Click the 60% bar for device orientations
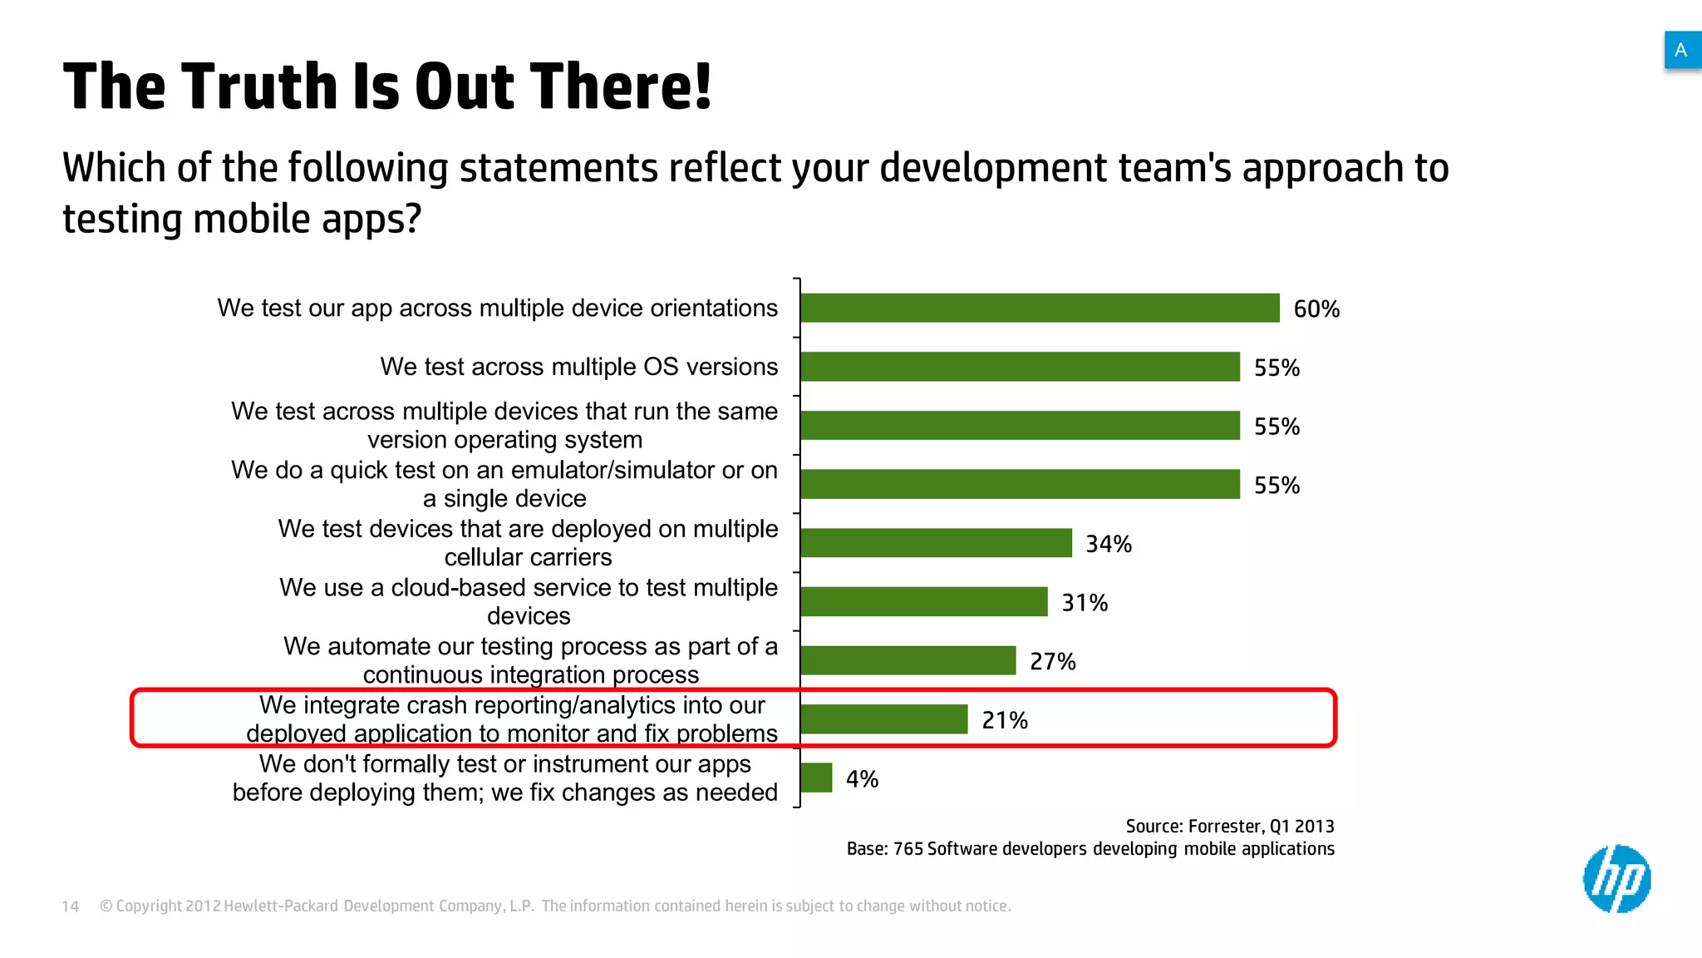tap(1040, 308)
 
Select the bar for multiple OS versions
tap(1020, 367)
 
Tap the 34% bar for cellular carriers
tap(936, 543)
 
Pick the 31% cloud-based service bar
tap(923, 602)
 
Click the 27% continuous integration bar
tap(908, 660)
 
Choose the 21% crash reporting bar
tap(883, 719)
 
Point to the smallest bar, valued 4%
tap(816, 778)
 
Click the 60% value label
tap(1316, 309)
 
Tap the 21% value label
tap(1005, 720)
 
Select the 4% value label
tap(862, 779)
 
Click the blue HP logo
tap(1616, 879)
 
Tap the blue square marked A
tap(1681, 50)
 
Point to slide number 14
tap(71, 906)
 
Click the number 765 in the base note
tap(908, 849)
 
